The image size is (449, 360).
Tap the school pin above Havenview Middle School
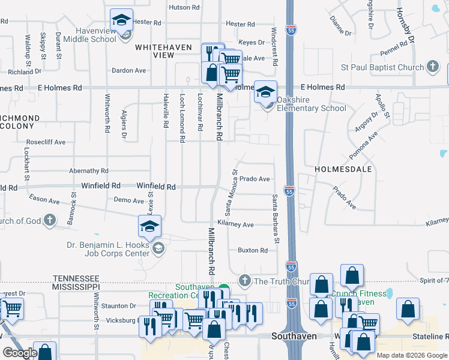point(122,21)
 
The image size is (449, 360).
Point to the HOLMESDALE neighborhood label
point(343,170)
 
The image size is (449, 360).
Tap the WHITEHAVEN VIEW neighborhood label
point(163,51)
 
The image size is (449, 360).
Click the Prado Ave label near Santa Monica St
point(255,179)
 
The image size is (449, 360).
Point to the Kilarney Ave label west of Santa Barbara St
point(235,224)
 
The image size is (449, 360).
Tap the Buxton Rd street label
point(252,250)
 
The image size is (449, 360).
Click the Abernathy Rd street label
point(88,170)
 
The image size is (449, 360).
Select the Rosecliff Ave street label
point(46,142)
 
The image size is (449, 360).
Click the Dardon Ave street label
point(129,70)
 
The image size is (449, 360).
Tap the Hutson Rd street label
point(184,7)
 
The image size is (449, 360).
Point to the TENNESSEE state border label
point(76,278)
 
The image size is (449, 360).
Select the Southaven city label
point(289,336)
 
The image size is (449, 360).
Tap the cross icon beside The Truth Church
point(244,280)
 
